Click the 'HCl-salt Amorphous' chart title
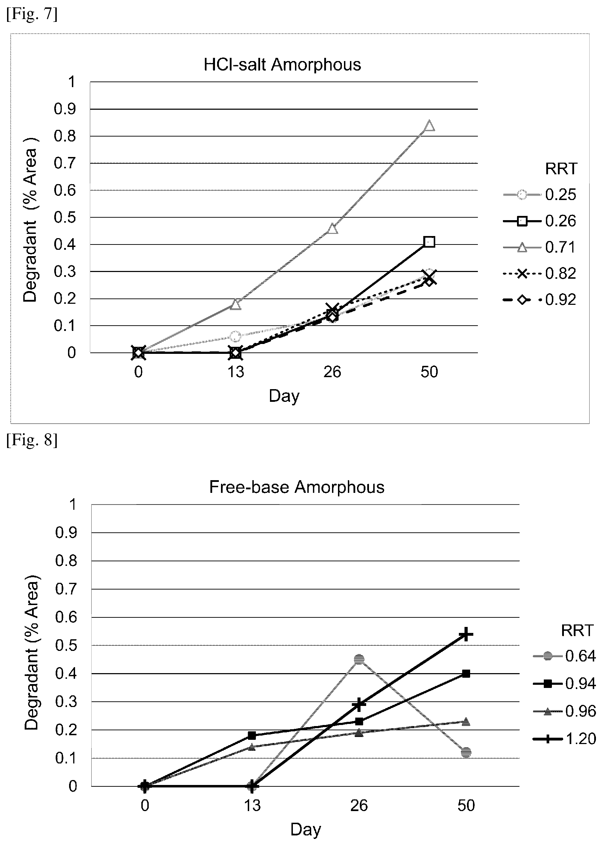[282, 65]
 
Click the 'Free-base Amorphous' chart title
[297, 487]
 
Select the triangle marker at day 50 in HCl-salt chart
[429, 126]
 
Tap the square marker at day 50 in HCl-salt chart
[429, 242]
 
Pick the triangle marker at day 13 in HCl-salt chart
[236, 304]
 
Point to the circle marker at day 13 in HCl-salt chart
[235, 337]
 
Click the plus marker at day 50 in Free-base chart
[466, 634]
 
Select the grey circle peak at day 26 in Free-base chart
[359, 660]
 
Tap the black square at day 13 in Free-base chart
[252, 735]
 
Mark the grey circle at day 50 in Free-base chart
[466, 752]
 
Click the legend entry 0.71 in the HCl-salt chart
[540, 247]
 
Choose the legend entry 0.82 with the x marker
[540, 273]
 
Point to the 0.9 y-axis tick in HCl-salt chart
[65, 109]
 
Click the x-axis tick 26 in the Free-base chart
[359, 806]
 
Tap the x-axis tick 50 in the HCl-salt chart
[429, 372]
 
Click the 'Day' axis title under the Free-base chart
[306, 830]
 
